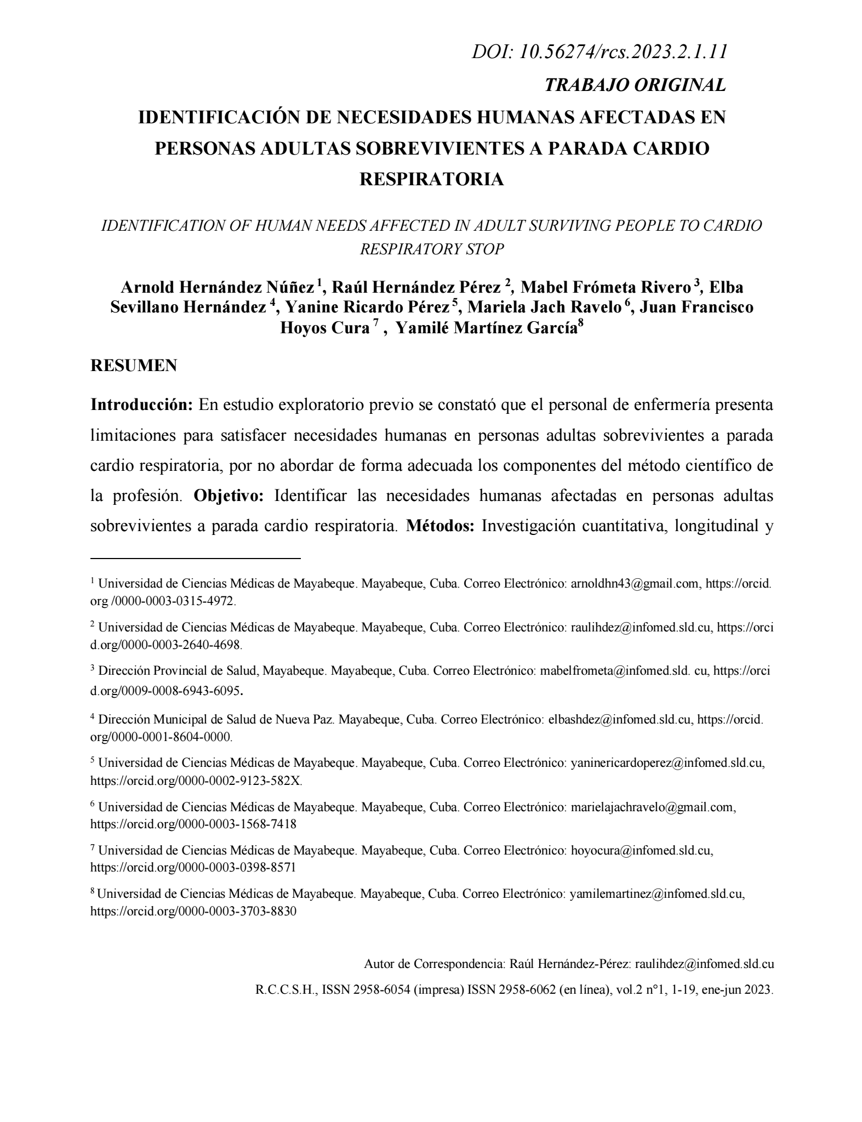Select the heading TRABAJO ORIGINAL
coord(635,85)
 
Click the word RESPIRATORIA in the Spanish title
coord(431,179)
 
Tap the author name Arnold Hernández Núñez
coord(217,287)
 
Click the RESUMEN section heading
coord(133,366)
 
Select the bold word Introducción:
coord(141,405)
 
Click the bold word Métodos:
coord(441,526)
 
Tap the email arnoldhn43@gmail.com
coord(635,584)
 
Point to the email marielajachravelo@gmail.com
coord(652,807)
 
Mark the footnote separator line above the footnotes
coord(196,559)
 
